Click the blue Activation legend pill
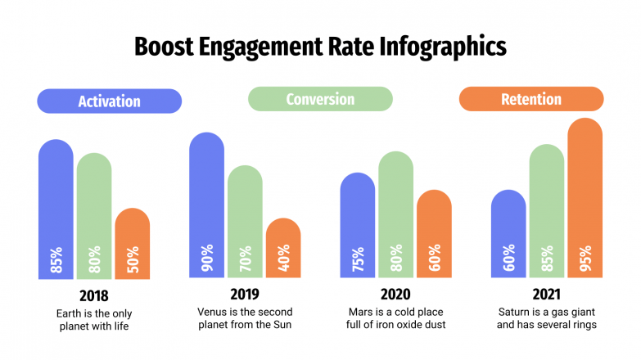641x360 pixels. tap(109, 101)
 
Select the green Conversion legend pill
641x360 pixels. tap(320, 100)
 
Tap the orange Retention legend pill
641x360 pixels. tap(530, 100)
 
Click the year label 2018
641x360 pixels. tap(93, 295)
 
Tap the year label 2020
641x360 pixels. tap(395, 295)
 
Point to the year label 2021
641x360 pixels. tap(547, 295)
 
